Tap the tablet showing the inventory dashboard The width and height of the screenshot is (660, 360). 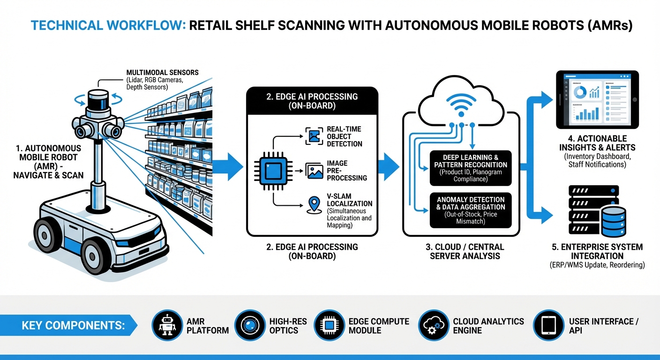tap(596, 100)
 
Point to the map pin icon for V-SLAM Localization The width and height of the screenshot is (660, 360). tap(313, 205)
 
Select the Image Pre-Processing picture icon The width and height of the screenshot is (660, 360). tap(314, 171)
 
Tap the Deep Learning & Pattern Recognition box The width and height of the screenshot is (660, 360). tap(470, 168)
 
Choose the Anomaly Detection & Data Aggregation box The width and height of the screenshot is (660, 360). tap(470, 210)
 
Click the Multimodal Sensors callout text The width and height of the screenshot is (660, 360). tap(162, 80)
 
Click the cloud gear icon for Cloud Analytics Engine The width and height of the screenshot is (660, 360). tap(432, 325)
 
